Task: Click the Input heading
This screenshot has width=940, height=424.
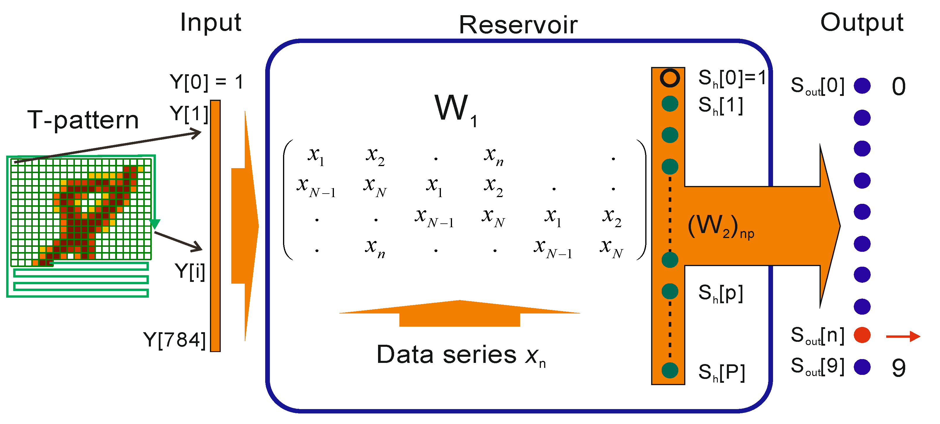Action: coord(211,23)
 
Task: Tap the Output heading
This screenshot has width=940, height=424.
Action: coord(862,23)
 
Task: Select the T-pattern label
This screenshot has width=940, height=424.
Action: coord(83,120)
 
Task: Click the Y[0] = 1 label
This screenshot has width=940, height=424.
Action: coord(206,82)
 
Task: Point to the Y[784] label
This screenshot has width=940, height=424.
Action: coord(175,340)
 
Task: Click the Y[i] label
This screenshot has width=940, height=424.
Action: coord(190,271)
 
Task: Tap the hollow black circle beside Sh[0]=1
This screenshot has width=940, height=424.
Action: coord(670,78)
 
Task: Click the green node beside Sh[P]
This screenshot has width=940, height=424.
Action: coord(670,371)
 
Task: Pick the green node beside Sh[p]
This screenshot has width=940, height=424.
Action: coord(670,291)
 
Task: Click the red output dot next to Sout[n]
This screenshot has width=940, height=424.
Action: coord(862,335)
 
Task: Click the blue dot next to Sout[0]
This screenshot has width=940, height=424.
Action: coord(862,86)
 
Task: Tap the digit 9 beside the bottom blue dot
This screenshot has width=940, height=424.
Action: coord(899,368)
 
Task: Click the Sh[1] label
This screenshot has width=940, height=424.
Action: coord(720,106)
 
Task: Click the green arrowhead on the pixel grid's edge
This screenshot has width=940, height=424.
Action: coord(155,224)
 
